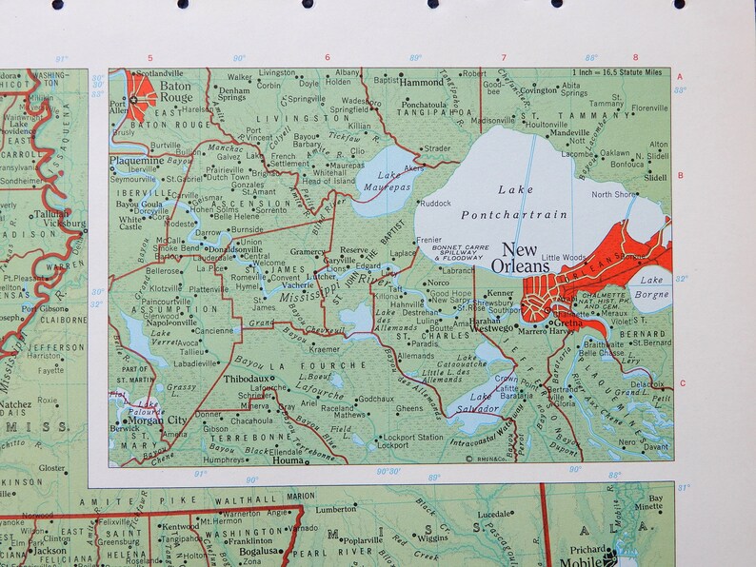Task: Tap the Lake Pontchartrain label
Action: (x=515, y=203)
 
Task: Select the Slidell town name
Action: (x=655, y=178)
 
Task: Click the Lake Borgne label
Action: (x=652, y=286)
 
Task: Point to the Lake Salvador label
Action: (x=475, y=402)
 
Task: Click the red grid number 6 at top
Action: (x=328, y=58)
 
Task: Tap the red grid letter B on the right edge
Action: (x=680, y=176)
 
